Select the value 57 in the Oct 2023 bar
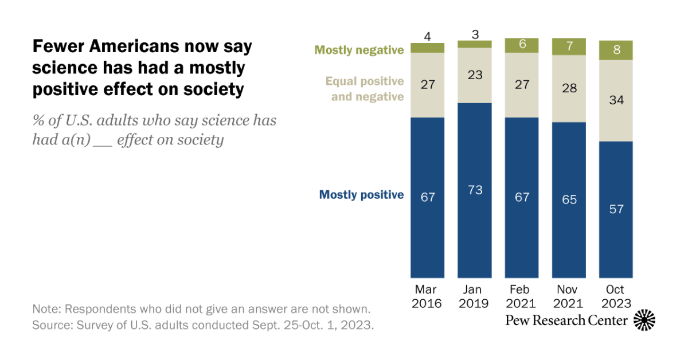616,209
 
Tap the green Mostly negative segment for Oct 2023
616,50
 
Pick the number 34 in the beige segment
616,100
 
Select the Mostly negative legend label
359,50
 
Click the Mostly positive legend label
361,195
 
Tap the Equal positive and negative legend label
365,89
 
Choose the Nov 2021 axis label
568,296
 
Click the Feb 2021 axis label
521,296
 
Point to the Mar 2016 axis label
428,296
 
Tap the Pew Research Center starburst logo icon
644,320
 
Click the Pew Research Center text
566,320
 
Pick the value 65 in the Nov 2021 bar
568,199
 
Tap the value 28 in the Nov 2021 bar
568,88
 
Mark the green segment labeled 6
521,45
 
